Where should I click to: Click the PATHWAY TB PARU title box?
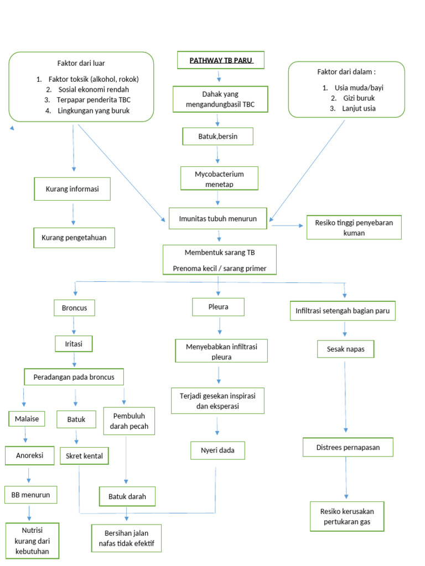coord(220,60)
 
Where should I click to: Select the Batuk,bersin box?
coord(218,137)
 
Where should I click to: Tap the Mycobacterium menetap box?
coord(219,179)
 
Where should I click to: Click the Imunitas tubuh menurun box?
coord(218,218)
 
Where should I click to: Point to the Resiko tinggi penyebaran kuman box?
coord(354,228)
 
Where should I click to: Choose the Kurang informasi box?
coord(72,189)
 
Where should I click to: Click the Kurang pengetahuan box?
coord(74,238)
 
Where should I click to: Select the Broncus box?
coord(74,308)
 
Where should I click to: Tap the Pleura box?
coord(218,306)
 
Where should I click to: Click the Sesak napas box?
coord(345,349)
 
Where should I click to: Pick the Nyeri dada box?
coord(217,450)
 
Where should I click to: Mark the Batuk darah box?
coord(127,496)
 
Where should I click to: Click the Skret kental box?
coord(84,456)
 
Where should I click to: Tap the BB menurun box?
coord(30,495)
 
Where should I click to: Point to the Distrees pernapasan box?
coord(348,447)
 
